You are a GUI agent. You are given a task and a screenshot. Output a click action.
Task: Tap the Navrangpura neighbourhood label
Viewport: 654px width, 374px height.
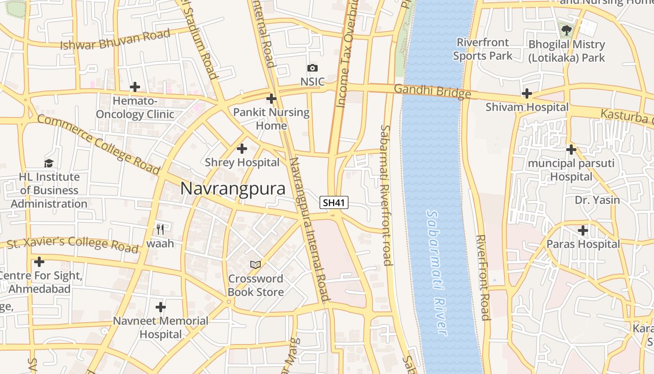233,188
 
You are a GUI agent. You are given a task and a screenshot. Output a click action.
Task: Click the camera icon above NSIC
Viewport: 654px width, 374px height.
312,68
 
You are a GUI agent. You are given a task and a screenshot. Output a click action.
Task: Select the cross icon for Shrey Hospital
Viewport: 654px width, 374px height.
242,149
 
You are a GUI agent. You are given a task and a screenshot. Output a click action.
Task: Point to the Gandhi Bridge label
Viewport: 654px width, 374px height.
433,91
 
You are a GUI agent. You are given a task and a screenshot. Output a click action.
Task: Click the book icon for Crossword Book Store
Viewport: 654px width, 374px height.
255,265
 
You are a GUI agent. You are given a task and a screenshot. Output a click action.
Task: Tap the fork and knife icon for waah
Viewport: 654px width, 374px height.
160,229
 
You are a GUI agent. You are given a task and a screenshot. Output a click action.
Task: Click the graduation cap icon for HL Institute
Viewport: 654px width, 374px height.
49,163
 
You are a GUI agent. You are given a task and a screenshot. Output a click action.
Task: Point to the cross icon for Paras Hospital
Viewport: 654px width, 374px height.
583,230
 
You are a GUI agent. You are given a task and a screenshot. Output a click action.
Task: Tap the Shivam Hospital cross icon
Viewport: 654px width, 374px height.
527,93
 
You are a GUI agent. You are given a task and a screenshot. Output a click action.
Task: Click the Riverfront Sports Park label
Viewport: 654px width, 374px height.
483,49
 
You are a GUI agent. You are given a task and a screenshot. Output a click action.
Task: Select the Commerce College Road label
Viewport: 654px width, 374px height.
99,144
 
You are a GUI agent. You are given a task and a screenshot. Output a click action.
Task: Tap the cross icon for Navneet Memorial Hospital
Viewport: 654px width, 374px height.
161,307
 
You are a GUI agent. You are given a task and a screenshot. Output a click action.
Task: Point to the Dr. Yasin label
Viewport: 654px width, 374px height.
597,200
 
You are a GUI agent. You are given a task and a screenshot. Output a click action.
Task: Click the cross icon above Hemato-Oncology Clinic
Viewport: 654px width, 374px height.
135,87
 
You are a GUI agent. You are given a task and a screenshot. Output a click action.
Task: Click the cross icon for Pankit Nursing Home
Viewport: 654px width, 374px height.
271,99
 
